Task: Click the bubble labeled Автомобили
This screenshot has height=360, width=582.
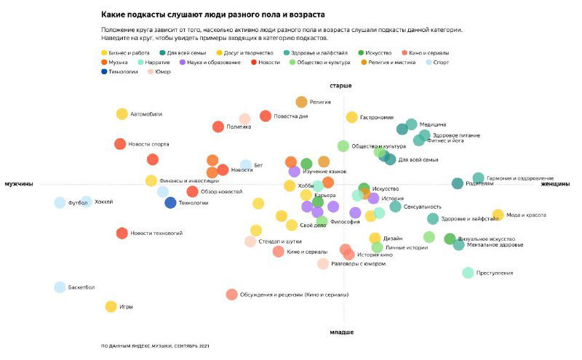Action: tap(122, 113)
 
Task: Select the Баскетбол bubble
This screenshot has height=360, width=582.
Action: tap(60, 287)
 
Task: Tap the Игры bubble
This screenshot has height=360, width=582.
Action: tap(111, 307)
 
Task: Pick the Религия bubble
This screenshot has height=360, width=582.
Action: tap(301, 102)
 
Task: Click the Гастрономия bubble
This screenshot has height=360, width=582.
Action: tap(352, 117)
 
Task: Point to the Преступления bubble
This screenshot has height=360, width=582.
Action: tap(468, 273)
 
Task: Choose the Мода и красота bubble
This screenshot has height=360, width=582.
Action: tap(498, 215)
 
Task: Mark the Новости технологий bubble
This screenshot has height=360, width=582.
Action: tap(122, 233)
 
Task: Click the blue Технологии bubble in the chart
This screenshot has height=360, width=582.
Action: tap(170, 203)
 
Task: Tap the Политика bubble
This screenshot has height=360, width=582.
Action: tap(218, 127)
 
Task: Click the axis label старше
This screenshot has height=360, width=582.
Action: tap(341, 86)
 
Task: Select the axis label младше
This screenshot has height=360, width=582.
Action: tap(342, 332)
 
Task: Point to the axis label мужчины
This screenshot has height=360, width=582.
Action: tap(19, 184)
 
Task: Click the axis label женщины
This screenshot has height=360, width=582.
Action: tap(554, 184)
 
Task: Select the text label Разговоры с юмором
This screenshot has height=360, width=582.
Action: tap(358, 263)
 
